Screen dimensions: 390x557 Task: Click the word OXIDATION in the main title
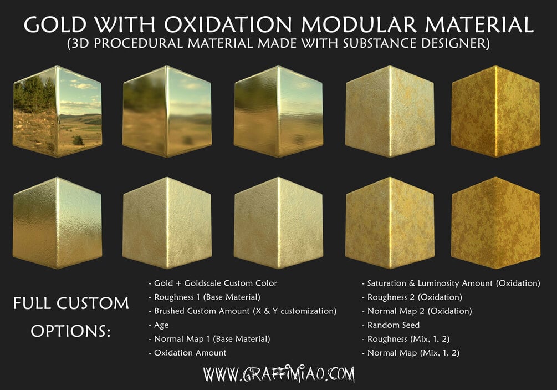pos(228,24)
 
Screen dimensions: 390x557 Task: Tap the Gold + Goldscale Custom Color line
pos(213,283)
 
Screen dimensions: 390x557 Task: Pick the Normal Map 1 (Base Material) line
pos(209,339)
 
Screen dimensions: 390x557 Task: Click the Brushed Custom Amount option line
pos(242,311)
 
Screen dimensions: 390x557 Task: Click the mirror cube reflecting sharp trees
pos(57,111)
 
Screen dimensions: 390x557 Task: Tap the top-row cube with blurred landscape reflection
pos(167,111)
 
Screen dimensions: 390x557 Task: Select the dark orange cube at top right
pos(495,111)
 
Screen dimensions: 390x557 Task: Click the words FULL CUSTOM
pos(71,304)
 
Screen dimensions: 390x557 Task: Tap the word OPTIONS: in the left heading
pos(70,331)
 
